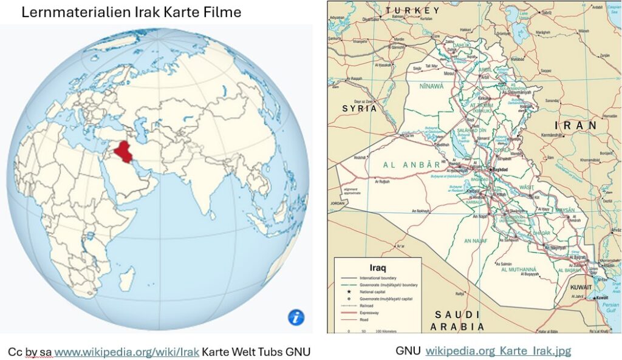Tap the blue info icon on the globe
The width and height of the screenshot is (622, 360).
(x=296, y=316)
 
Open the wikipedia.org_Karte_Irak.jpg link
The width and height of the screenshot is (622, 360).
(x=498, y=351)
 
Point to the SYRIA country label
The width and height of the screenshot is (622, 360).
(x=360, y=109)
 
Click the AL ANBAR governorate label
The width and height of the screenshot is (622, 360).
(x=411, y=165)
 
